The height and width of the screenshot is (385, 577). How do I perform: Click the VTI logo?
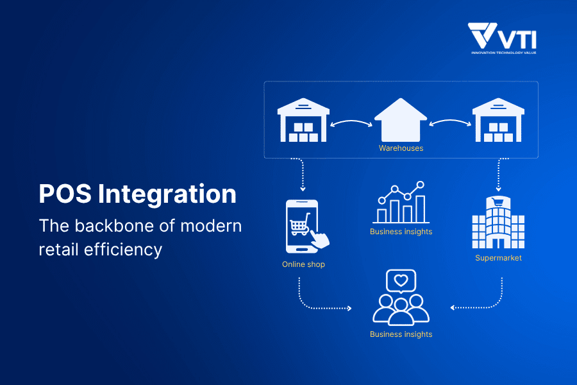[x=502, y=38]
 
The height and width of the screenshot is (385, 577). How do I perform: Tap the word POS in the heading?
[x=65, y=194]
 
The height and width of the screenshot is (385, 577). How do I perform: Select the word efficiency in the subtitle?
[x=123, y=250]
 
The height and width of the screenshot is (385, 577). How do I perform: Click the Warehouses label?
[x=401, y=148]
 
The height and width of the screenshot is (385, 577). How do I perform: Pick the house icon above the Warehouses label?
[x=401, y=120]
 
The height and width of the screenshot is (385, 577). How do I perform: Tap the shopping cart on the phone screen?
[x=300, y=225]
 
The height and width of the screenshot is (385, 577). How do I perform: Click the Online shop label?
[x=304, y=264]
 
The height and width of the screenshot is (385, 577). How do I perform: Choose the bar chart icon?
[x=401, y=202]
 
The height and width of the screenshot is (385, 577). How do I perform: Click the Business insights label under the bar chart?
[x=401, y=232]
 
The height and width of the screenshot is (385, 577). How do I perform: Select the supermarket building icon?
[x=498, y=222]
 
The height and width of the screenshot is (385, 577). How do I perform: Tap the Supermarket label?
[x=498, y=258]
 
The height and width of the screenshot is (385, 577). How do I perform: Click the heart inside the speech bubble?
[x=401, y=281]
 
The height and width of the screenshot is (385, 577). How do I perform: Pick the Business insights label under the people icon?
[x=401, y=334]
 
